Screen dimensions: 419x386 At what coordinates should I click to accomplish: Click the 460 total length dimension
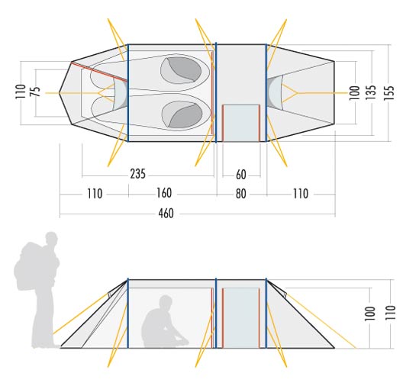(x=166, y=214)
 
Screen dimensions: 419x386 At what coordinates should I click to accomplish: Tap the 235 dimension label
(x=138, y=174)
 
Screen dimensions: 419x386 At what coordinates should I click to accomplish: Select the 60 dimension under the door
(x=241, y=175)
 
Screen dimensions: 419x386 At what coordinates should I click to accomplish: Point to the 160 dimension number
(x=164, y=193)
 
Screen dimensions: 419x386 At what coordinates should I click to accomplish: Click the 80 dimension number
(x=240, y=194)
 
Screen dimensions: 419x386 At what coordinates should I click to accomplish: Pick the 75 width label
(x=35, y=92)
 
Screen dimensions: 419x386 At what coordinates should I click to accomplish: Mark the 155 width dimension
(x=389, y=93)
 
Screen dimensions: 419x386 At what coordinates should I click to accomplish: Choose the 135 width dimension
(x=371, y=92)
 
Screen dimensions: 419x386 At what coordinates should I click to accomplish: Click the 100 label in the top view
(x=355, y=93)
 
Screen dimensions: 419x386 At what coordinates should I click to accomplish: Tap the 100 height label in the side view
(x=370, y=314)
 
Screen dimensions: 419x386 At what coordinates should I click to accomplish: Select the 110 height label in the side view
(x=391, y=313)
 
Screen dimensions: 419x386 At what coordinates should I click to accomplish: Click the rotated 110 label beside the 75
(x=21, y=92)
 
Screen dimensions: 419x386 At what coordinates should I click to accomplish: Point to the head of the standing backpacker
(x=51, y=239)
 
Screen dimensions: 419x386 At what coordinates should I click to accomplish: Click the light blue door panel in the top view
(x=240, y=123)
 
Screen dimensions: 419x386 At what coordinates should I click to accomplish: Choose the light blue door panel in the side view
(x=241, y=318)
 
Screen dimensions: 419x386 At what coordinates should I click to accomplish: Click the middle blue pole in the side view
(x=216, y=314)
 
